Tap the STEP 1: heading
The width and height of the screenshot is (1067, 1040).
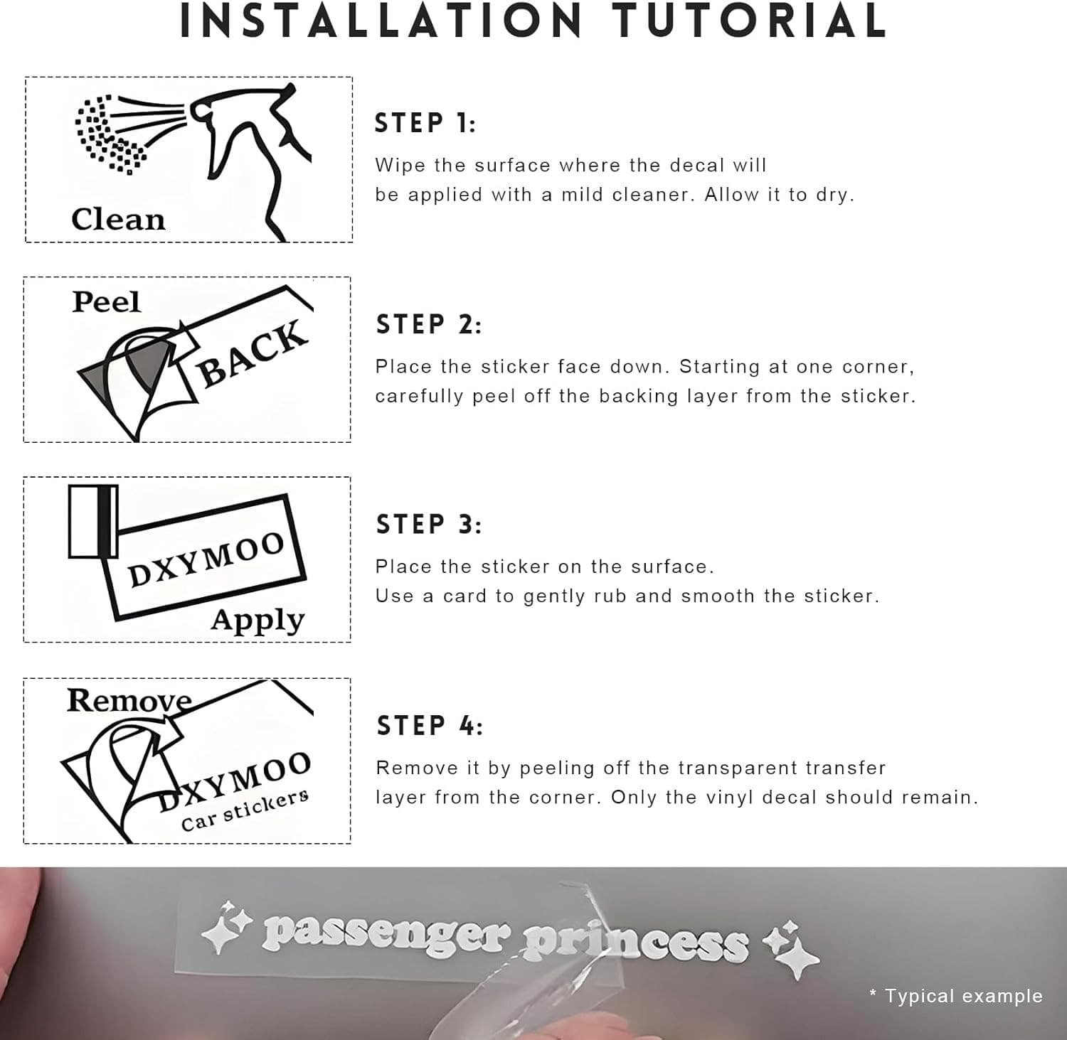point(425,123)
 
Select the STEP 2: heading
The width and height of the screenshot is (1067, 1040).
point(428,324)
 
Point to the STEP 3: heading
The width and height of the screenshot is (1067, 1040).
point(428,525)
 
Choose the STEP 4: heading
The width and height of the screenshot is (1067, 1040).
point(429,726)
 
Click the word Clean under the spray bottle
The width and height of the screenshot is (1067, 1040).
point(118,219)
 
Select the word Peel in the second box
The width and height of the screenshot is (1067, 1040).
point(106,302)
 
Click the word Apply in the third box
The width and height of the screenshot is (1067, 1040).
point(258,621)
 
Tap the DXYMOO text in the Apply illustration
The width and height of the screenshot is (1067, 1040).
point(206,559)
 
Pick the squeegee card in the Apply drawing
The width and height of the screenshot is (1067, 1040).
point(93,521)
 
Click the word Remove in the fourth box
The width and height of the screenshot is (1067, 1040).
point(129,701)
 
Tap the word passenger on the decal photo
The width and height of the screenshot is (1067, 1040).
point(386,935)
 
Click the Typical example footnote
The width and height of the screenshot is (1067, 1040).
point(956,996)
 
